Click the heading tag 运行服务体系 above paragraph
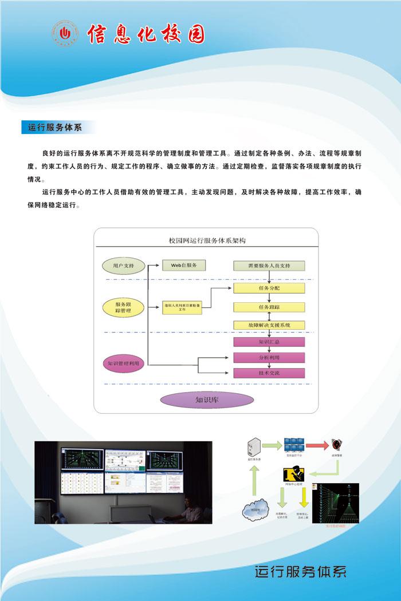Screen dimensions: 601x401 pyautogui.click(x=55, y=127)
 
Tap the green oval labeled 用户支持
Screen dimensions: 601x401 pyautogui.click(x=123, y=266)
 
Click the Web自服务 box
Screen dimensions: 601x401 pyautogui.click(x=183, y=266)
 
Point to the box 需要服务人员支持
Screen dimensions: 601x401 pyautogui.click(x=269, y=266)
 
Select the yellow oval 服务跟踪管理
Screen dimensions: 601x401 pyautogui.click(x=123, y=308)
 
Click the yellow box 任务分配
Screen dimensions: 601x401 pyautogui.click(x=269, y=287)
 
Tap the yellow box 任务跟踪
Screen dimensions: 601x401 pyautogui.click(x=269, y=307)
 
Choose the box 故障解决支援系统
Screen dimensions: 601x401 pyautogui.click(x=269, y=325)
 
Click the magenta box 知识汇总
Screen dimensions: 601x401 pyautogui.click(x=269, y=342)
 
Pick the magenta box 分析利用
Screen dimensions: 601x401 pyautogui.click(x=269, y=357)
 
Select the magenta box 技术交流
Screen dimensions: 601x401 pyautogui.click(x=269, y=373)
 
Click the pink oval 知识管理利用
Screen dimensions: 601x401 pyautogui.click(x=123, y=363)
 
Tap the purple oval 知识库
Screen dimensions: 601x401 pyautogui.click(x=206, y=400)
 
